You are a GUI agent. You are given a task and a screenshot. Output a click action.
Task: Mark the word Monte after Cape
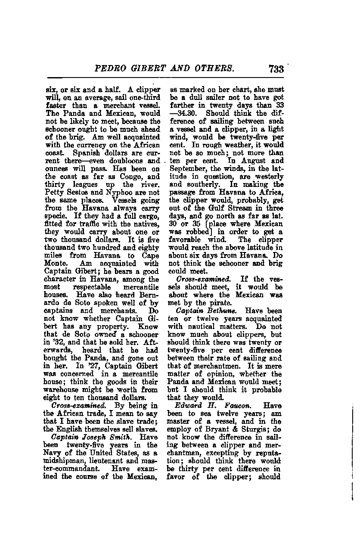point(56,263)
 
